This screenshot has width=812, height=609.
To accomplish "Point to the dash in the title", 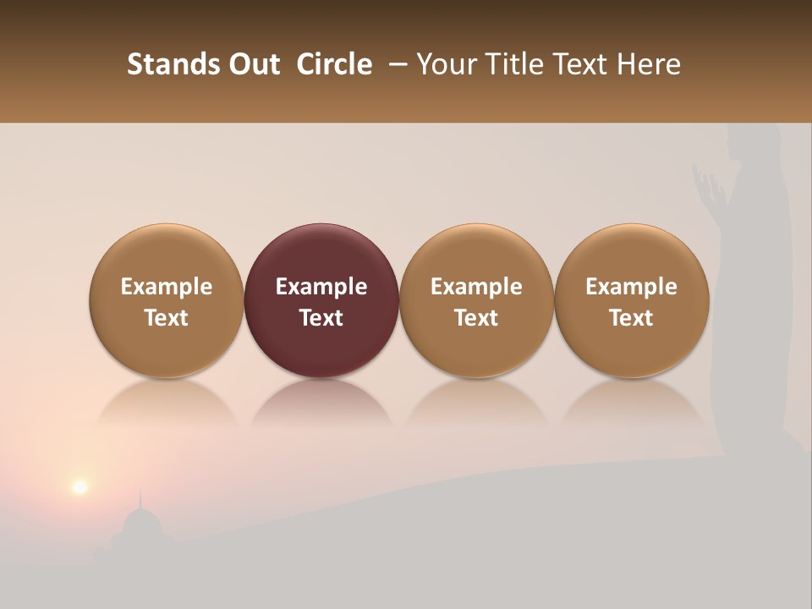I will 394,65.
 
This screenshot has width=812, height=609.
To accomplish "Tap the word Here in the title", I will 650,64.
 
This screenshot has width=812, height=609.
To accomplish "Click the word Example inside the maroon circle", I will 321,287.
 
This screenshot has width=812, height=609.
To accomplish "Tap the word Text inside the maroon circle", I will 321,318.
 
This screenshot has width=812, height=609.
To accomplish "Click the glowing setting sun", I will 80,486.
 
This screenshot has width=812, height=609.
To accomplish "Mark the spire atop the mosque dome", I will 140,498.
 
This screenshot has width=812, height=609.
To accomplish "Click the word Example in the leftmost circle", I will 167,287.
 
